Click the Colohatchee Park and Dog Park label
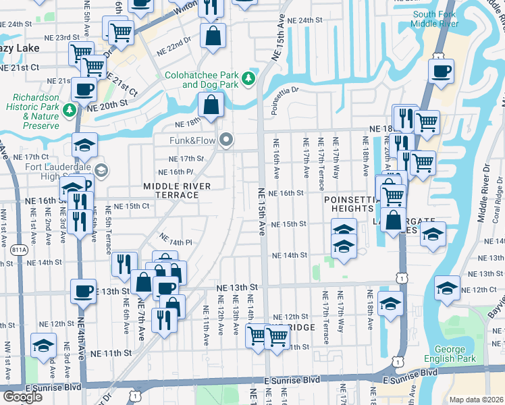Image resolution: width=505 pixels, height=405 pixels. click(201, 80)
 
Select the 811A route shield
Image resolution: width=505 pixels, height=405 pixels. click(19, 250)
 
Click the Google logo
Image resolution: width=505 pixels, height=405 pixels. click(22, 397)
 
